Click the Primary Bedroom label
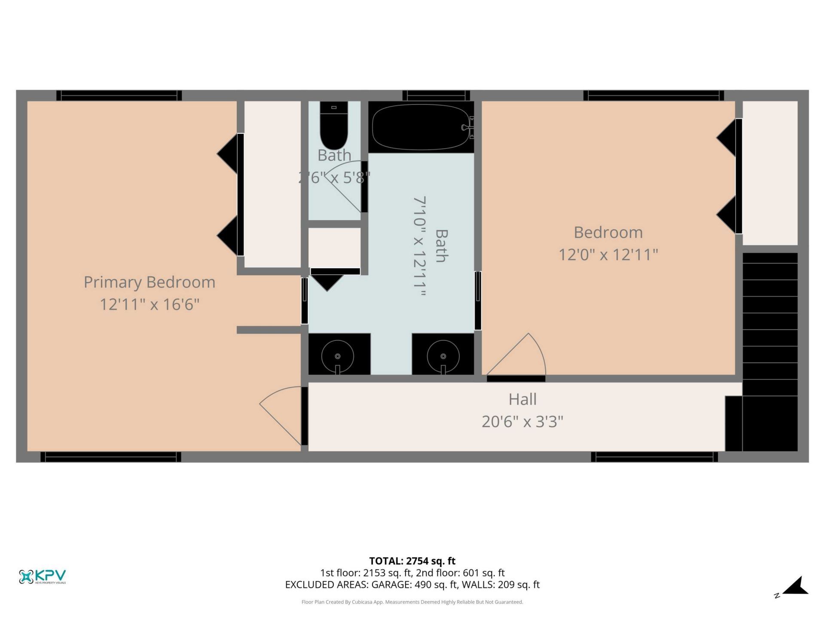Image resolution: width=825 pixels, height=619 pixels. pos(149,282)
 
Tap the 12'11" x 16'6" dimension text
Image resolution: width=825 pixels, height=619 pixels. pos(149,305)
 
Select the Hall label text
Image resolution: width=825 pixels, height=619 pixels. pos(522,399)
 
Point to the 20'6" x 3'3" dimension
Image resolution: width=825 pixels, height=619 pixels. pos(522,422)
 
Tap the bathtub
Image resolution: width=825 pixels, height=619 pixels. pos(421,127)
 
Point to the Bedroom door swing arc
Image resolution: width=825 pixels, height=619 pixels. pos(522,357)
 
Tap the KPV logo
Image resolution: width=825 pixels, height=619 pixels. pos(43,576)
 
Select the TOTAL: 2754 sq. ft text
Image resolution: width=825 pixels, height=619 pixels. pos(412,561)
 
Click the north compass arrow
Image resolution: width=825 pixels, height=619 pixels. pos(796,586)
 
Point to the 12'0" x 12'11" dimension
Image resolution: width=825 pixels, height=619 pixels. pos(608,255)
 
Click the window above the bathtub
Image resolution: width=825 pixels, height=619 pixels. pos(436,95)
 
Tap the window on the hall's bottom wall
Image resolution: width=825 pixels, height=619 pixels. pos(654,457)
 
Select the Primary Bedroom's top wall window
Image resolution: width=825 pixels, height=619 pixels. pos(119,95)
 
